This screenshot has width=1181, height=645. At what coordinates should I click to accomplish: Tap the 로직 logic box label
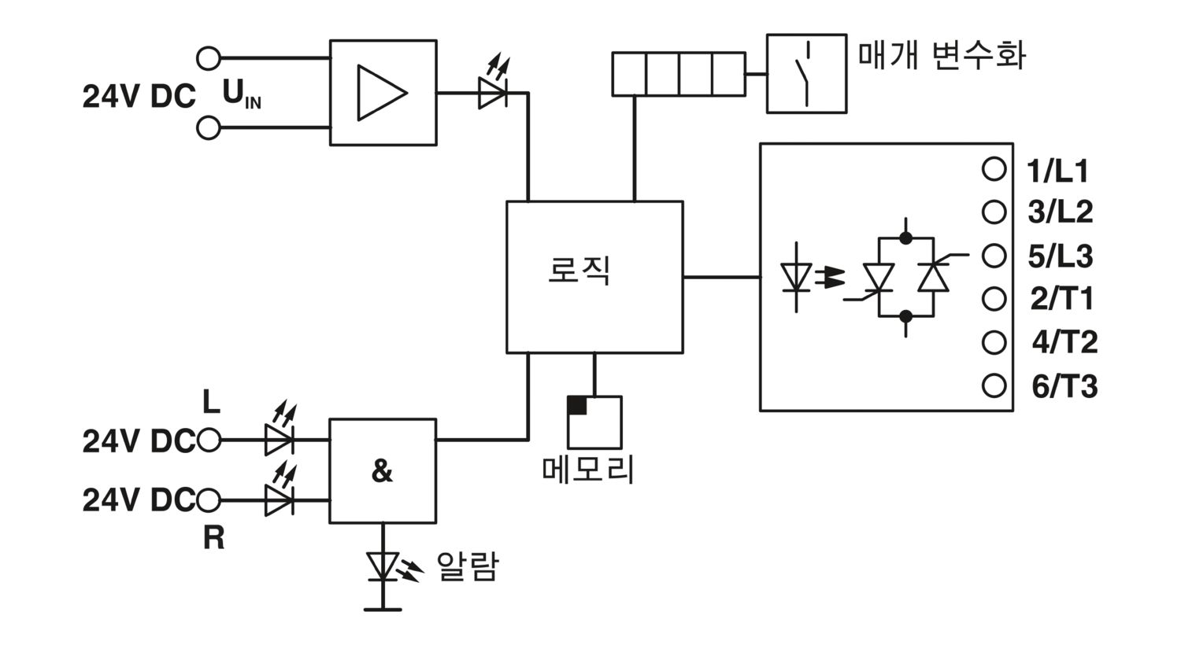click(x=579, y=271)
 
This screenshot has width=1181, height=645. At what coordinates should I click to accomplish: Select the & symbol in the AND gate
click(x=382, y=470)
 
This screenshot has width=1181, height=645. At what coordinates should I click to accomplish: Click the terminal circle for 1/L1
click(x=994, y=169)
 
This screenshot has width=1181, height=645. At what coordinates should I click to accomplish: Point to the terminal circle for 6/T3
click(x=994, y=386)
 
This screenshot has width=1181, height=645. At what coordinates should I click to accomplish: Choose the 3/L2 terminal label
click(x=1061, y=212)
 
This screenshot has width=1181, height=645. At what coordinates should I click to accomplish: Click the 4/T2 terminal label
click(x=1064, y=342)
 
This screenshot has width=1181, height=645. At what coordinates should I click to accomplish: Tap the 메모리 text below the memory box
click(x=588, y=469)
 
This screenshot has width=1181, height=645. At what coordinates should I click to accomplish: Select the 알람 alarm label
click(x=467, y=566)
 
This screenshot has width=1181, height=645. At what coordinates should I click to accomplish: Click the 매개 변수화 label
click(x=942, y=55)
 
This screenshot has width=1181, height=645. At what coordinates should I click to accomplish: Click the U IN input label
click(x=242, y=94)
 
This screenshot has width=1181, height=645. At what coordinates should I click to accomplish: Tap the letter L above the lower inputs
click(x=212, y=402)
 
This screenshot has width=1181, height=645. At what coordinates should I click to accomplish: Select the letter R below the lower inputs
click(x=213, y=538)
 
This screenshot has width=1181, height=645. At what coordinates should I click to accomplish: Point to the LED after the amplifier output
click(x=494, y=83)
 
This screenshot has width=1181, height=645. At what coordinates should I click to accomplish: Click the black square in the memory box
click(x=577, y=405)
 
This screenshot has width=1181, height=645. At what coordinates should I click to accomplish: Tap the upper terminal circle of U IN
click(x=209, y=58)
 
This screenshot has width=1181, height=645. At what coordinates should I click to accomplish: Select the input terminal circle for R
click(x=209, y=499)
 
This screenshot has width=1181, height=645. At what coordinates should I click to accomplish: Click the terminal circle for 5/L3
click(x=994, y=256)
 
